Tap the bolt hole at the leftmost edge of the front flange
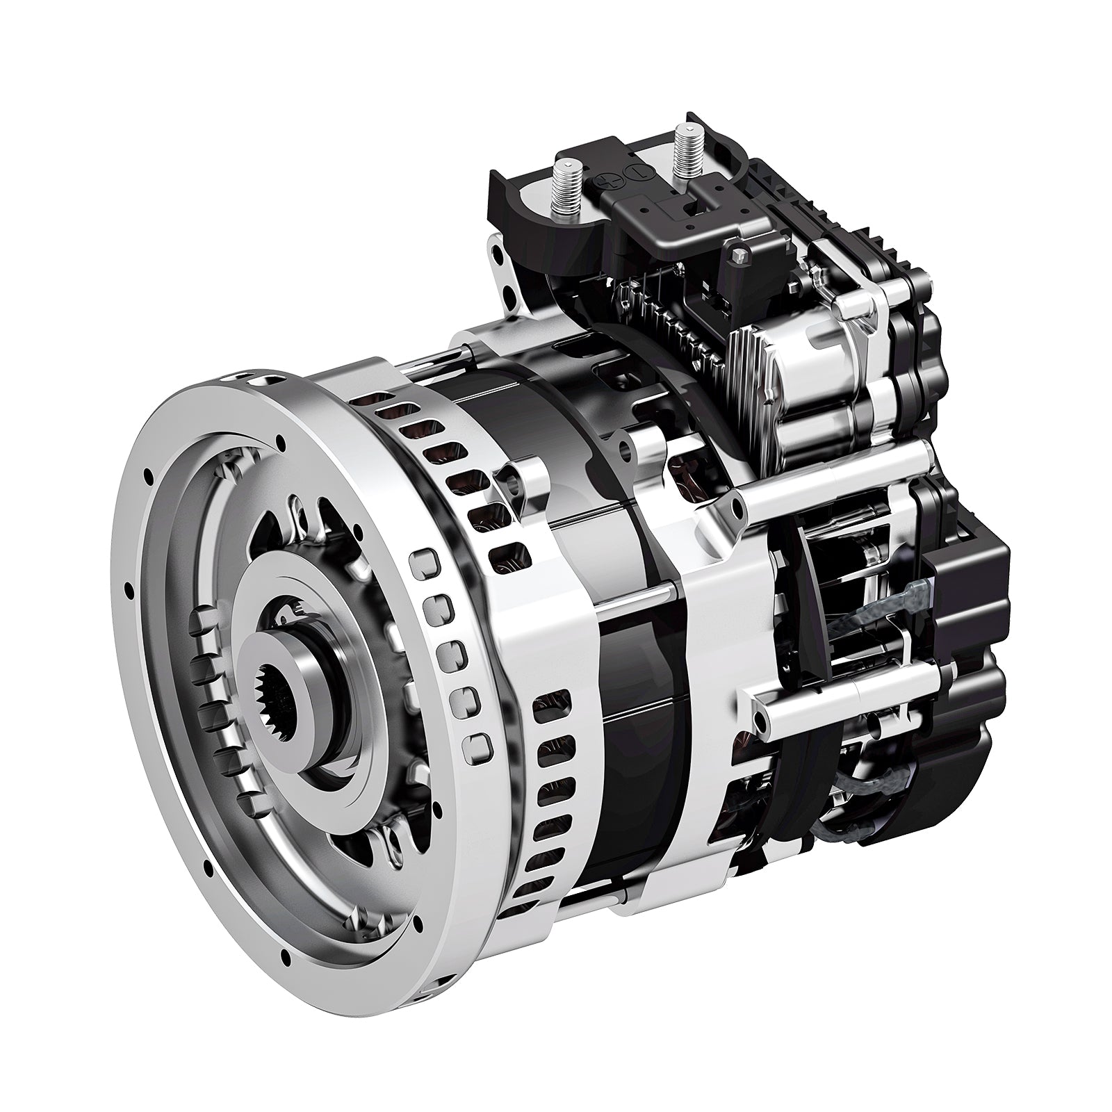point(129,591)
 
